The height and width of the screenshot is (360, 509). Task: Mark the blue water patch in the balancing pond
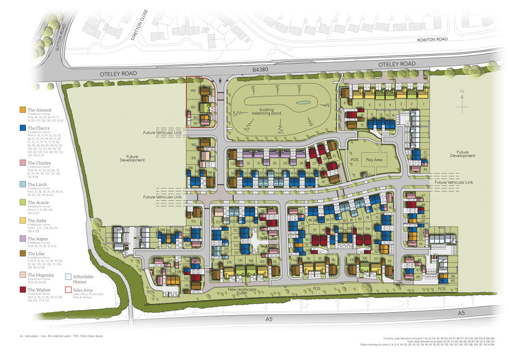pyautogui.click(x=303, y=103)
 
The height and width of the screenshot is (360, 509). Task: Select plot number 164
pyautogui.click(x=193, y=91)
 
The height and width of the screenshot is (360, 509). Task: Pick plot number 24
pyautogui.click(x=424, y=169)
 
